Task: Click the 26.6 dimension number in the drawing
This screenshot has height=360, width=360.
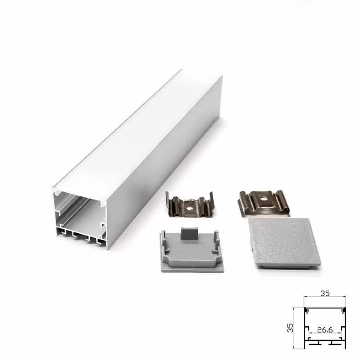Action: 325,330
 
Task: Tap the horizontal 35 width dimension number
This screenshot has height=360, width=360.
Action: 325,293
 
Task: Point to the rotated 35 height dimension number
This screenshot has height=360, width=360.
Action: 290,328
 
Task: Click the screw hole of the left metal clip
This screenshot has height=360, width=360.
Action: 189,209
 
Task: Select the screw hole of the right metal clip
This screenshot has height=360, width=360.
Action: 264,198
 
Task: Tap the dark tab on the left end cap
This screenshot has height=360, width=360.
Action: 189,233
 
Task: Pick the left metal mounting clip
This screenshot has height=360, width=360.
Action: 190,205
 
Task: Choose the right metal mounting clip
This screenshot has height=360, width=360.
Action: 263,203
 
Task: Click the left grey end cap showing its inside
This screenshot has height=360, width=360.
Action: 192,252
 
